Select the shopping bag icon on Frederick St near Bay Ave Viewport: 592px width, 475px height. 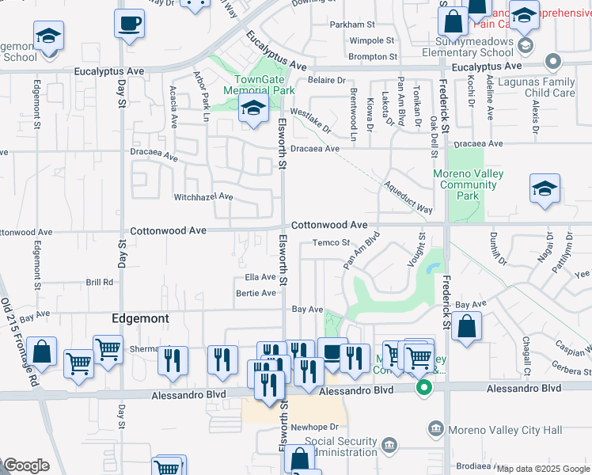click(467, 327)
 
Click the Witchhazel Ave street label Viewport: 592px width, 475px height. click(203, 196)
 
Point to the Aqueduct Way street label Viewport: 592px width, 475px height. click(408, 196)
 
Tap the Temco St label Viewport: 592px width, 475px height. click(331, 243)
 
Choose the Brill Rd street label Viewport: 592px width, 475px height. click(100, 282)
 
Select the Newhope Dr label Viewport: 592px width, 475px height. click(314, 427)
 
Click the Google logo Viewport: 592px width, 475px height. click(26, 465)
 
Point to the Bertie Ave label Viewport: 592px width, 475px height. click(256, 293)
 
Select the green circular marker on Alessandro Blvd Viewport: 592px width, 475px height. click(423, 387)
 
